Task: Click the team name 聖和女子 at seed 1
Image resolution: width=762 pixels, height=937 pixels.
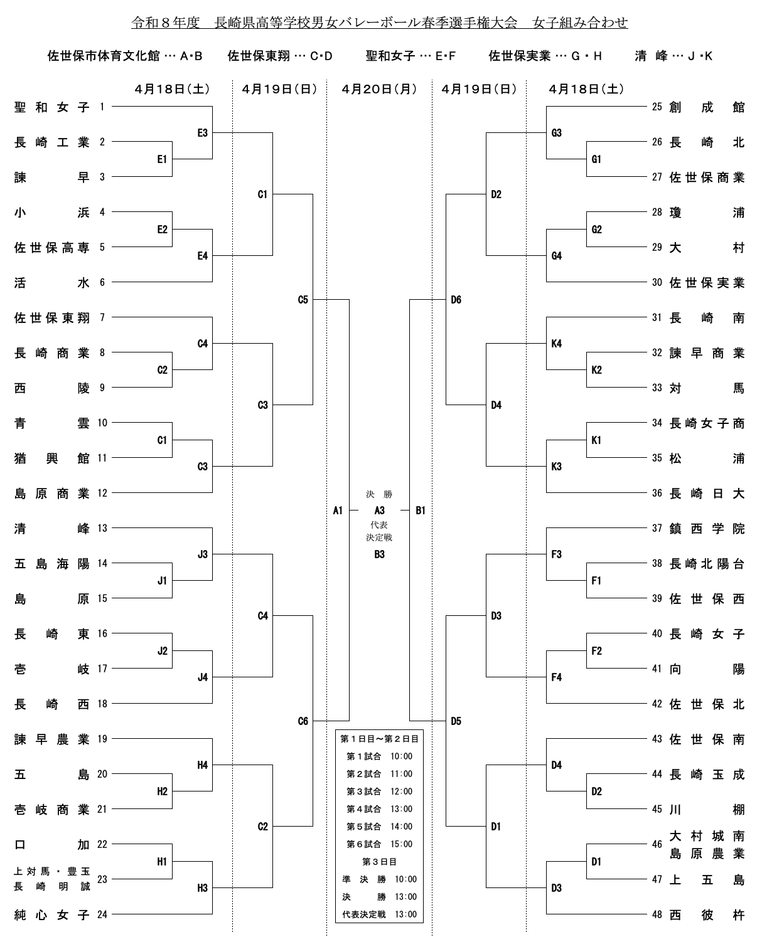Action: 52,107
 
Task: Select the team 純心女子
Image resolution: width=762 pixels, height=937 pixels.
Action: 52,915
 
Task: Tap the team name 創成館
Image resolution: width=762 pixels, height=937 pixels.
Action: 707,107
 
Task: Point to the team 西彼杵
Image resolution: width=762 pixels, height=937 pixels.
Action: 707,915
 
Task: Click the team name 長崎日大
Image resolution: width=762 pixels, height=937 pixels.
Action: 707,494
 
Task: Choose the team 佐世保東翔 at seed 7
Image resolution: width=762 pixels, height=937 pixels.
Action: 52,318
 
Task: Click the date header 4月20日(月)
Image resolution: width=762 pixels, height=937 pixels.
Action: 379,89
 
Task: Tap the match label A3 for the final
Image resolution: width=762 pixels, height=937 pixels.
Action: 379,511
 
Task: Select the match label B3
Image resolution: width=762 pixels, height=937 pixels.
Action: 379,554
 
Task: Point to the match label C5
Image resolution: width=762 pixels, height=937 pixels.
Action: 303,300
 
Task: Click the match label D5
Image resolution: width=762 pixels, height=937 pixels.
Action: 456,721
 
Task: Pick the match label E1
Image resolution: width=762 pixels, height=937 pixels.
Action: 162,159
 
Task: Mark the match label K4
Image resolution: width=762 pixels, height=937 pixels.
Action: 556,344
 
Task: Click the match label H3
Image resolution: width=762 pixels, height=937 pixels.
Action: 202,888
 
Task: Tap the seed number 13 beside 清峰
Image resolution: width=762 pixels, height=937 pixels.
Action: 102,528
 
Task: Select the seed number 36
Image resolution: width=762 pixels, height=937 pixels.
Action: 657,493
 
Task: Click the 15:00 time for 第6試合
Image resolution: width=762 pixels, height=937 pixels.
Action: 402,844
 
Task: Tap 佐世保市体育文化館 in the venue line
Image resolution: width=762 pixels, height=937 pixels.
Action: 104,56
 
